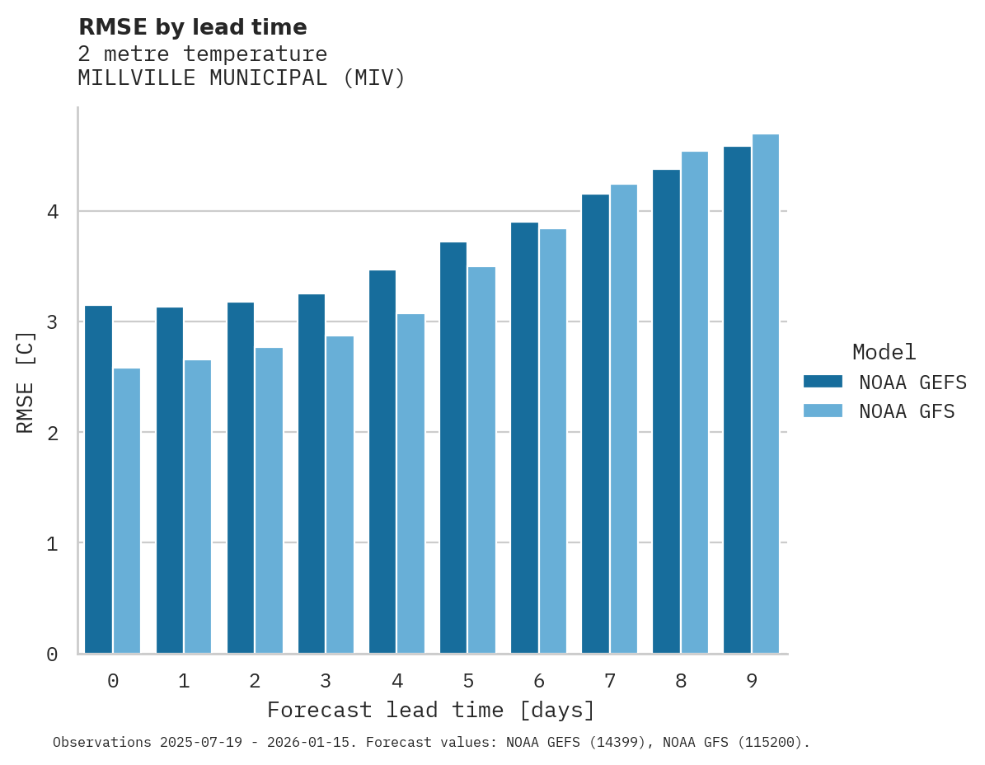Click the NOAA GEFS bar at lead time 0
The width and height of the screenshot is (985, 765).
coord(98,479)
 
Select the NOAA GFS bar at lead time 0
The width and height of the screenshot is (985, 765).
coord(127,510)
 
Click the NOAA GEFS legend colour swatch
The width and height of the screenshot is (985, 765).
coord(823,382)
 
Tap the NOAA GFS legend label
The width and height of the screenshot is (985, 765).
coord(907,411)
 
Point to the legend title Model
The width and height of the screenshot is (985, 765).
coord(884,353)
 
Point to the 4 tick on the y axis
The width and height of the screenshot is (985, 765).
coord(52,212)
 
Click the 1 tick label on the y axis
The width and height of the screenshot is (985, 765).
coord(52,543)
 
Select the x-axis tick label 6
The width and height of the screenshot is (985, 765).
coord(539,681)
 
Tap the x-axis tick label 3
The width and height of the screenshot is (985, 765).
coord(326,681)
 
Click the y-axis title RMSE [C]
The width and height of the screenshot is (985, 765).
coord(26,382)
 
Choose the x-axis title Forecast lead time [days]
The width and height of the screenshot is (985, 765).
coord(430,710)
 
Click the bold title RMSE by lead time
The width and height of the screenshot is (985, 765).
coord(192,27)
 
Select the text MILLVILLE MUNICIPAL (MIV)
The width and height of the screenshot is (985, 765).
coord(242,78)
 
